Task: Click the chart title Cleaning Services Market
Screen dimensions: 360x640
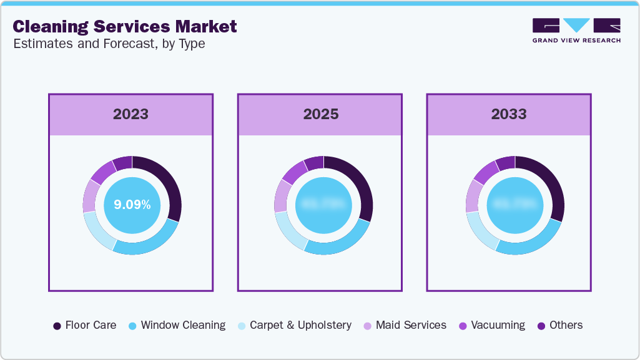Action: (x=125, y=26)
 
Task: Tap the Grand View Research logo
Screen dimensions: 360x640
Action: (x=576, y=31)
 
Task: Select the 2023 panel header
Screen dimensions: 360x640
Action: (x=130, y=114)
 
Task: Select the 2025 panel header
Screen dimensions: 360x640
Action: (x=320, y=114)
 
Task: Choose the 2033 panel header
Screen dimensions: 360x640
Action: (x=508, y=114)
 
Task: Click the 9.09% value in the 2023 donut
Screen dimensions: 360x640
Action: (x=132, y=205)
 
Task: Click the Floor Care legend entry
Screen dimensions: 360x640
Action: (x=85, y=325)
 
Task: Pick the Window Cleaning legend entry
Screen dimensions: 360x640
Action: (x=177, y=325)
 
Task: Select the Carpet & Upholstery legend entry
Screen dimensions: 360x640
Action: (x=294, y=325)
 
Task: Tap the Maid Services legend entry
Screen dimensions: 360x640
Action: (x=405, y=325)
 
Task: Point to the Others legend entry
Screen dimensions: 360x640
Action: (x=559, y=325)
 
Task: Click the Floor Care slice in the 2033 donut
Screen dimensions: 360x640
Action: (x=550, y=183)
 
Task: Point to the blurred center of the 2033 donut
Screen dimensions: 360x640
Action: (x=514, y=205)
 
